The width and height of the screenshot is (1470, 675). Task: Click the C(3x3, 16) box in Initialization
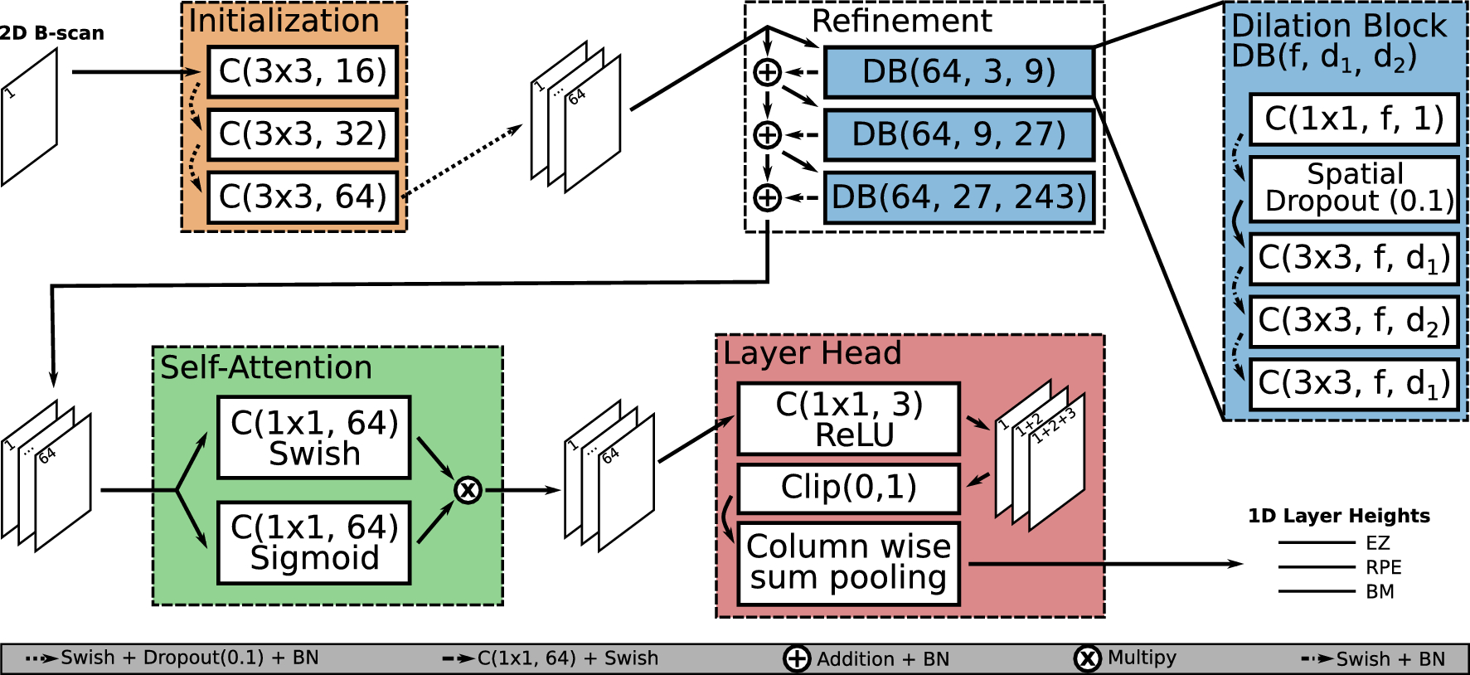click(303, 72)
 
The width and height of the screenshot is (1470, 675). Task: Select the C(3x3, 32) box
click(303, 134)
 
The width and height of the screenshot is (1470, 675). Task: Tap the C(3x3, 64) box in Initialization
click(303, 197)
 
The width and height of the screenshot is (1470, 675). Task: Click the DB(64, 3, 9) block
click(958, 72)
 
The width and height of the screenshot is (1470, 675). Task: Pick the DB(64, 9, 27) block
click(958, 134)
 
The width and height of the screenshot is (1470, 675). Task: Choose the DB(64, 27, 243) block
click(958, 197)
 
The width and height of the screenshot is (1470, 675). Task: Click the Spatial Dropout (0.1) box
click(1354, 188)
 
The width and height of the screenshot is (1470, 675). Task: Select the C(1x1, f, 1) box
click(1354, 119)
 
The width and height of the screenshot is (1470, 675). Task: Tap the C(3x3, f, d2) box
click(1354, 321)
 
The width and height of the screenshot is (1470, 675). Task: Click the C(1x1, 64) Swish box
click(314, 438)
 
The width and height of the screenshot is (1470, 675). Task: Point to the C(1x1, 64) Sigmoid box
click(314, 542)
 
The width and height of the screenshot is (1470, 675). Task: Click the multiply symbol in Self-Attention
click(468, 490)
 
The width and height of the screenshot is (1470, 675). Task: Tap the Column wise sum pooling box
click(848, 563)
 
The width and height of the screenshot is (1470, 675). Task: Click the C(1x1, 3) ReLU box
click(848, 419)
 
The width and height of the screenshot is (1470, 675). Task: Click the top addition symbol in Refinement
click(767, 72)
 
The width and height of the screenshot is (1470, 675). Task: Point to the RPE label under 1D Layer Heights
click(1383, 567)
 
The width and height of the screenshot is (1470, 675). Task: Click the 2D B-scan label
click(51, 33)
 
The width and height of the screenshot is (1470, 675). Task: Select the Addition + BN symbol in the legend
click(797, 658)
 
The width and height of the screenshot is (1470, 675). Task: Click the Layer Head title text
click(812, 353)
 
